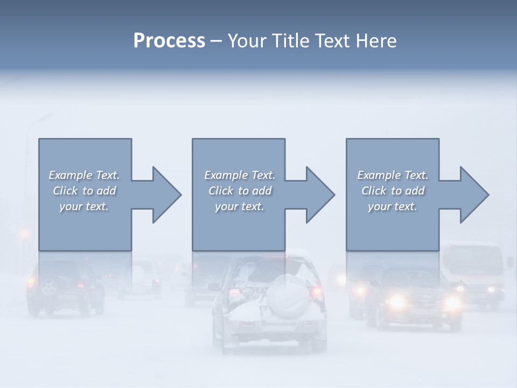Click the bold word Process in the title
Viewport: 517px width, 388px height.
[169, 41]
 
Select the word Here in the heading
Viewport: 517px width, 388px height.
[376, 41]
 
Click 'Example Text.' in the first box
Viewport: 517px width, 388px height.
[84, 175]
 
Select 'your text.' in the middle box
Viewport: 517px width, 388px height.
[239, 206]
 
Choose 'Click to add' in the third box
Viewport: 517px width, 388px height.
[393, 191]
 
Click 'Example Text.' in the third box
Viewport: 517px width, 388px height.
[393, 175]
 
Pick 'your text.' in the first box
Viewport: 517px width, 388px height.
[84, 206]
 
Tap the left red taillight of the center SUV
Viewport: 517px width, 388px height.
[235, 294]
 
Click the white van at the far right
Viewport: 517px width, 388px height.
[473, 272]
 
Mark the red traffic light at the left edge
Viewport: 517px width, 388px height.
[24, 234]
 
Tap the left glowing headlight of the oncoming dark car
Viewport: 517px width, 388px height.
[397, 302]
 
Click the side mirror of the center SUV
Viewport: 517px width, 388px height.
[214, 287]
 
